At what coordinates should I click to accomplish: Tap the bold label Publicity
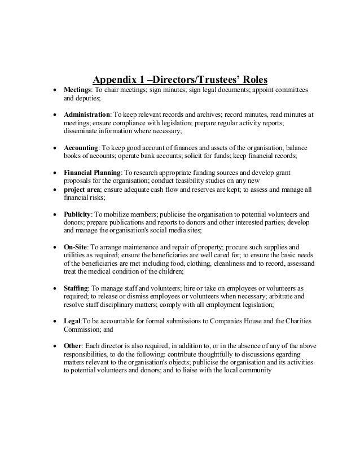[x=78, y=214]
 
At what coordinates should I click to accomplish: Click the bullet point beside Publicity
[x=54, y=215]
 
